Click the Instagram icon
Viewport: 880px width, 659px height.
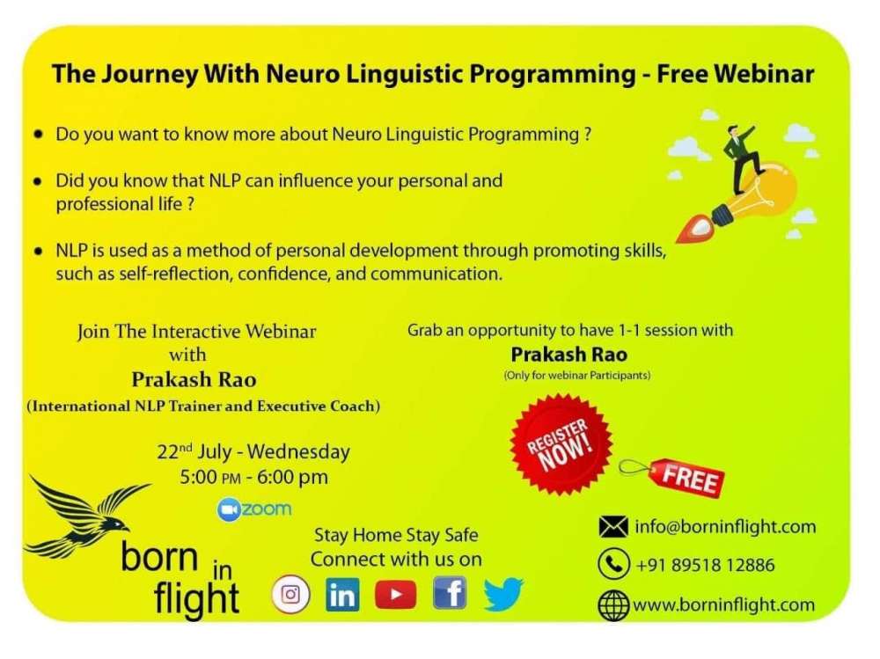pos(290,594)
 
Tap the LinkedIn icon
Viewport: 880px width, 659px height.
pos(342,595)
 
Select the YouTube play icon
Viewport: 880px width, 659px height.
pos(396,595)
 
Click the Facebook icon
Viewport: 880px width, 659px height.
pos(450,593)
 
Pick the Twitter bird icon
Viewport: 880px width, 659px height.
pos(503,595)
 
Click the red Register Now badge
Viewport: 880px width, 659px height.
pos(561,444)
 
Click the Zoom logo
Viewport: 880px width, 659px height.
pos(254,509)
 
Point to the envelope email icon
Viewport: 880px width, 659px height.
pos(612,527)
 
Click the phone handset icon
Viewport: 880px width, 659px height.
pos(613,564)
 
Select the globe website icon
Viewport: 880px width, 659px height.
pos(613,605)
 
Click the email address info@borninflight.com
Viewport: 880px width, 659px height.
pos(725,527)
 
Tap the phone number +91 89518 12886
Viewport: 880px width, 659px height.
pos(706,565)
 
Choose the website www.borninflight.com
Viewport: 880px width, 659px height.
pos(724,605)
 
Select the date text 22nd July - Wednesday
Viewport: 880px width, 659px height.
pos(253,452)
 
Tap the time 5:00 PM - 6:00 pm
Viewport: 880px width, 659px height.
pos(253,478)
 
